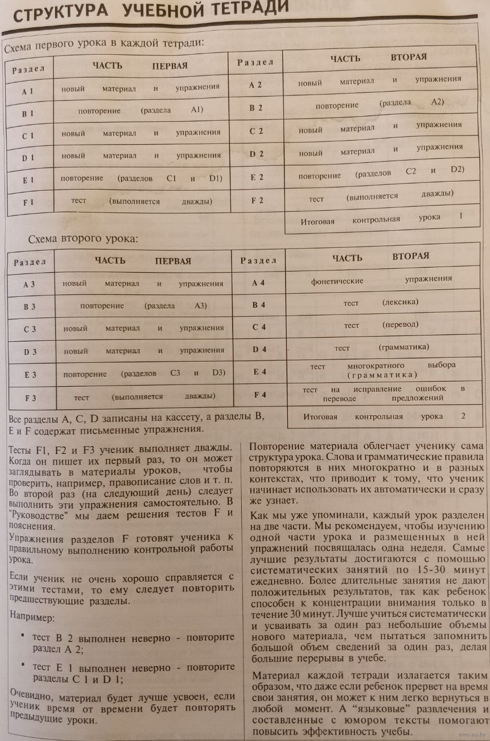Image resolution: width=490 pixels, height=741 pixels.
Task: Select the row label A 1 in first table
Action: [x=28, y=91]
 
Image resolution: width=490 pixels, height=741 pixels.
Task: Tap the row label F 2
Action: [x=257, y=200]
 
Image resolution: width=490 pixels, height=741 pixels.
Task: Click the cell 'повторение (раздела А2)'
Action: [x=379, y=104]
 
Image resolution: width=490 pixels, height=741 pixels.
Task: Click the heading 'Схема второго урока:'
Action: [x=83, y=239]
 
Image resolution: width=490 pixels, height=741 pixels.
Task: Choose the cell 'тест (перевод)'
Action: [x=381, y=325]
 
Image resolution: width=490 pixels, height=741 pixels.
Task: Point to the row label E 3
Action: [x=30, y=375]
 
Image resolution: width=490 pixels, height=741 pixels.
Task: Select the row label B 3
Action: [x=30, y=306]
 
